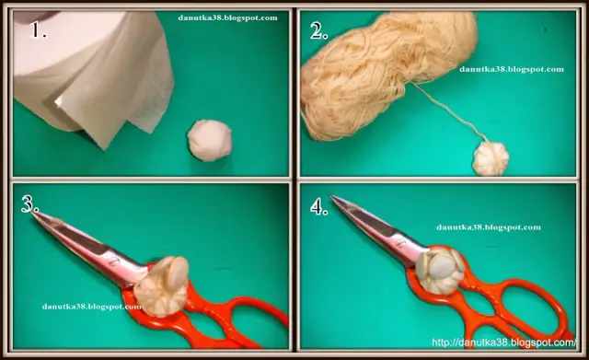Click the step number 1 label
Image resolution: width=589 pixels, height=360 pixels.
click(39, 29)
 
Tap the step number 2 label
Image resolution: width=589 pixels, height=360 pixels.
click(319, 30)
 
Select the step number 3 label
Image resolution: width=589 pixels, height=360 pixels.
click(29, 204)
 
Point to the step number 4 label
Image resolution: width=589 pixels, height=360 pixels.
click(319, 206)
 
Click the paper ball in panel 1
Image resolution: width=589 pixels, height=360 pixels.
click(210, 141)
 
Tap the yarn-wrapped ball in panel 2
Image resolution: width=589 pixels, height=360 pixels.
click(491, 158)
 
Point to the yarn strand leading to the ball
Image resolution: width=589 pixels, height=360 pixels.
click(449, 111)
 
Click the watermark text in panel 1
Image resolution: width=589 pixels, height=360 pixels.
click(227, 17)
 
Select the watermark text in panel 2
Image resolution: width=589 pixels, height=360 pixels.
click(512, 69)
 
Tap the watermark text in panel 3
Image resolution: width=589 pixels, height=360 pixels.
click(91, 307)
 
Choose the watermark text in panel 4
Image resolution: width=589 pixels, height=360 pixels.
click(489, 227)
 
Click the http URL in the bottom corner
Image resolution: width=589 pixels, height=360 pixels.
click(503, 343)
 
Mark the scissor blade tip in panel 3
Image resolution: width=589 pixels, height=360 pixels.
click(33, 213)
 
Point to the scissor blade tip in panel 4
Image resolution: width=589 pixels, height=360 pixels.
click(331, 196)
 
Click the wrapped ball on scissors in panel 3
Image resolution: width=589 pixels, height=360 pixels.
click(162, 286)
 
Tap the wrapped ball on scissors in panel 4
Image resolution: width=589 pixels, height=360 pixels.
click(440, 270)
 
